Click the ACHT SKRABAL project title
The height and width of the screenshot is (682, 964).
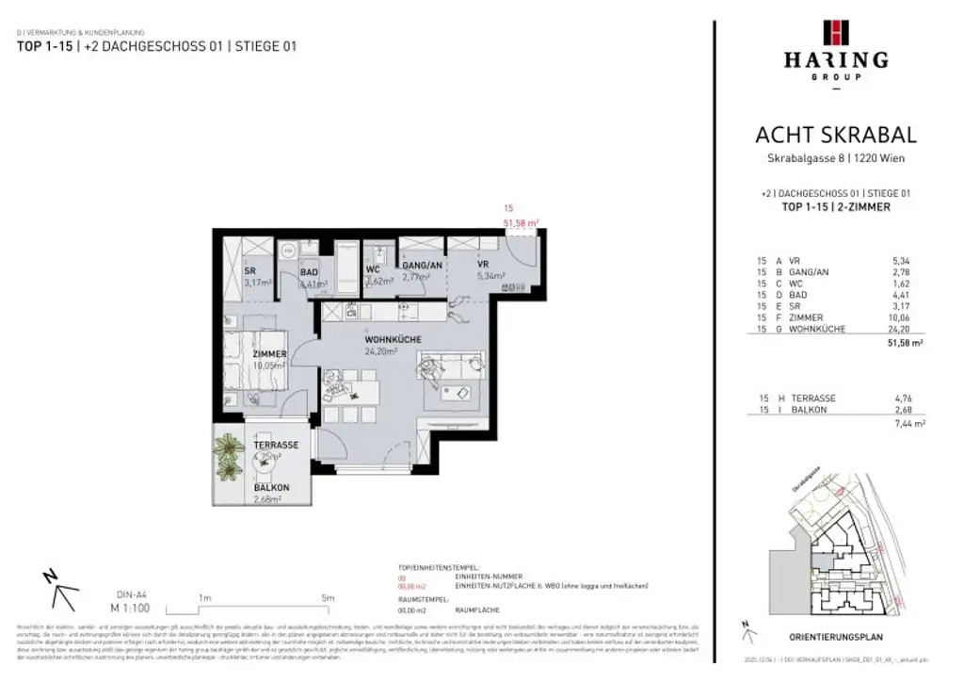pyautogui.click(x=835, y=136)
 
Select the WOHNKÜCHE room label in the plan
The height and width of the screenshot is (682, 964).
pyautogui.click(x=393, y=339)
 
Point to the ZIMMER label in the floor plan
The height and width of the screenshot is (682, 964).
pyautogui.click(x=269, y=354)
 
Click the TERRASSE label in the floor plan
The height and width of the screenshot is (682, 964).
pyautogui.click(x=276, y=445)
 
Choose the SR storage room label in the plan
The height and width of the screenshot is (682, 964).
pyautogui.click(x=251, y=270)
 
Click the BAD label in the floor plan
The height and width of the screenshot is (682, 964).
pyautogui.click(x=309, y=271)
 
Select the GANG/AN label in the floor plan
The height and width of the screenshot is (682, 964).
pyautogui.click(x=422, y=267)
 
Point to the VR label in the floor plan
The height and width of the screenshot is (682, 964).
pyautogui.click(x=480, y=267)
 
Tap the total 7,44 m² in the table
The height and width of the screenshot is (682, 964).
pyautogui.click(x=906, y=425)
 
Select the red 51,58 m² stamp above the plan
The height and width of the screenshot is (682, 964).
pyautogui.click(x=521, y=223)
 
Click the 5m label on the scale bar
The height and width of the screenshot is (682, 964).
pyautogui.click(x=327, y=597)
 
